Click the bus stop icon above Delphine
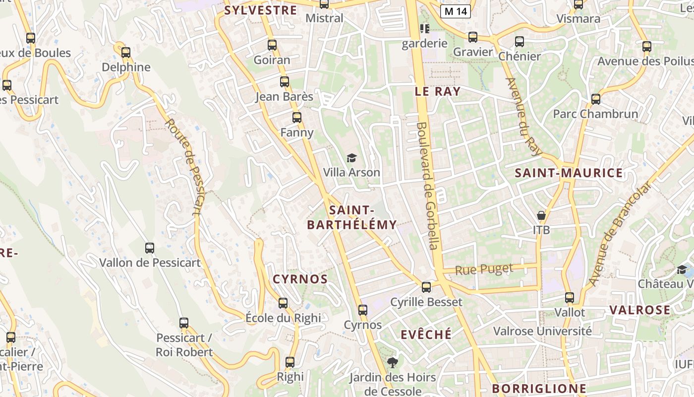coord(126,52)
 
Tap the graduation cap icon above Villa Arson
coord(351,158)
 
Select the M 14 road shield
coord(455,11)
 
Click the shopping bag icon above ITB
coord(541,215)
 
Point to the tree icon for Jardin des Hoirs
coord(392,363)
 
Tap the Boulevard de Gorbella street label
coord(428,186)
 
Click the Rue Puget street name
coord(484,269)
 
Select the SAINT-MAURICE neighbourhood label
coord(569,173)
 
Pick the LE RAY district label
coord(437,91)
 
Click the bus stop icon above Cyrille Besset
coord(426,287)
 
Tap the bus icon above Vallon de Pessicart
coord(150,248)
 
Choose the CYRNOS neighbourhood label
coord(300,279)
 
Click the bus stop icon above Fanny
coord(297,118)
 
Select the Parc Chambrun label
coord(595,114)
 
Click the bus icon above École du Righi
coord(283,303)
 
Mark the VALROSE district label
coord(639,310)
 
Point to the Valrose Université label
coord(542,331)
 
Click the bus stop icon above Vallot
coord(570,298)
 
